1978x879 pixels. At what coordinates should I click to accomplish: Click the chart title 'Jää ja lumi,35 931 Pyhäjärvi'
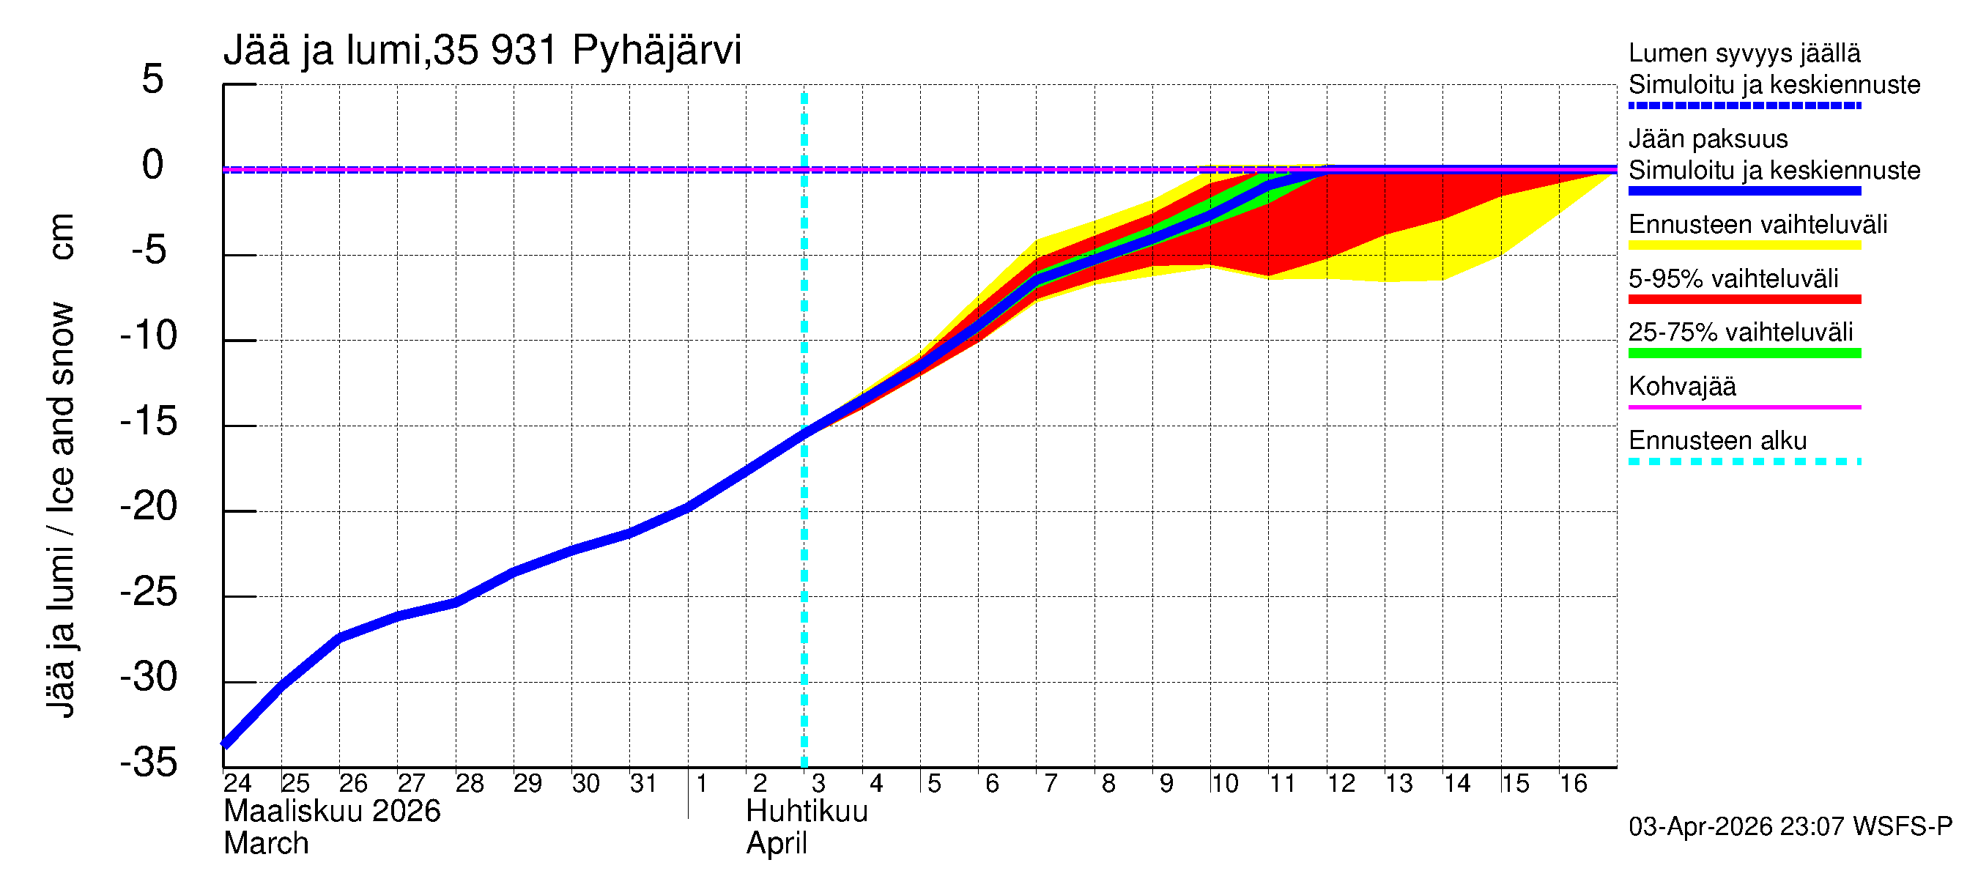tap(482, 51)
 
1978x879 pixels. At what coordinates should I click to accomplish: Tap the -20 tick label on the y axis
tap(149, 507)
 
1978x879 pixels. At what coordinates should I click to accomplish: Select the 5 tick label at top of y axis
tap(153, 79)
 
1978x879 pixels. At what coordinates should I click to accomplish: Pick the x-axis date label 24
tap(237, 783)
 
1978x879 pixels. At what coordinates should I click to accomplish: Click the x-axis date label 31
tap(643, 783)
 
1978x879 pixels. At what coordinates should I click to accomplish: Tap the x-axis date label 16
tap(1574, 783)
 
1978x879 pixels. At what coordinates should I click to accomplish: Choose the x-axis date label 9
tap(1166, 783)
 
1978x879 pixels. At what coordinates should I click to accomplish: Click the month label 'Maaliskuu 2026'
tap(332, 812)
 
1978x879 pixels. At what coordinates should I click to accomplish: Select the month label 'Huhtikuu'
tap(807, 812)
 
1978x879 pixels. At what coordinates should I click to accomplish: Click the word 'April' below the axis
tap(777, 844)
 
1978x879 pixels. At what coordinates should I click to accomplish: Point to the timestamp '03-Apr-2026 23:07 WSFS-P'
tap(1790, 827)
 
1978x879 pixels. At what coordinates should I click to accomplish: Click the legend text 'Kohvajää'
tap(1681, 386)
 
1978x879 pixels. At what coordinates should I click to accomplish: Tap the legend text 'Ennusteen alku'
tap(1717, 441)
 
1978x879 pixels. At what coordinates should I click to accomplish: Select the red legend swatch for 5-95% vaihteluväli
tap(1744, 300)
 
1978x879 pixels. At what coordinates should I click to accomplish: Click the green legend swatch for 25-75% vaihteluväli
tap(1744, 353)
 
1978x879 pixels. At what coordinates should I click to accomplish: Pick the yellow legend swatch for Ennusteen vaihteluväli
tap(1744, 245)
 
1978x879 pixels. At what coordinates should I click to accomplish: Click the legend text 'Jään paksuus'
tap(1708, 139)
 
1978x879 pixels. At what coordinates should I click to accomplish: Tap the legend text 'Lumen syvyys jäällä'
tap(1744, 53)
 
